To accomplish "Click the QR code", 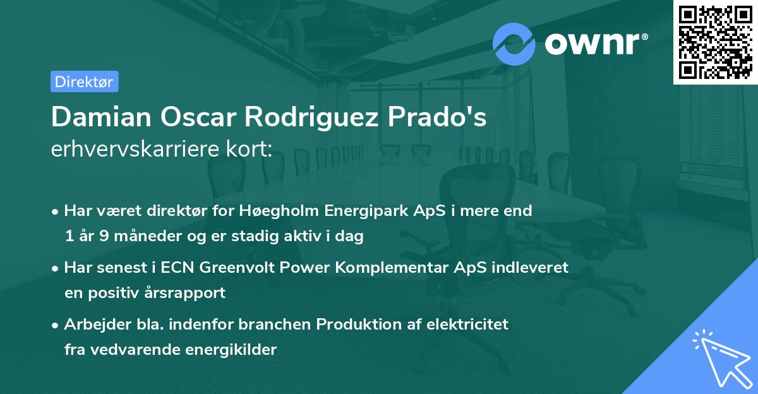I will coord(715,42).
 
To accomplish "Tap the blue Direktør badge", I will coord(84,81).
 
